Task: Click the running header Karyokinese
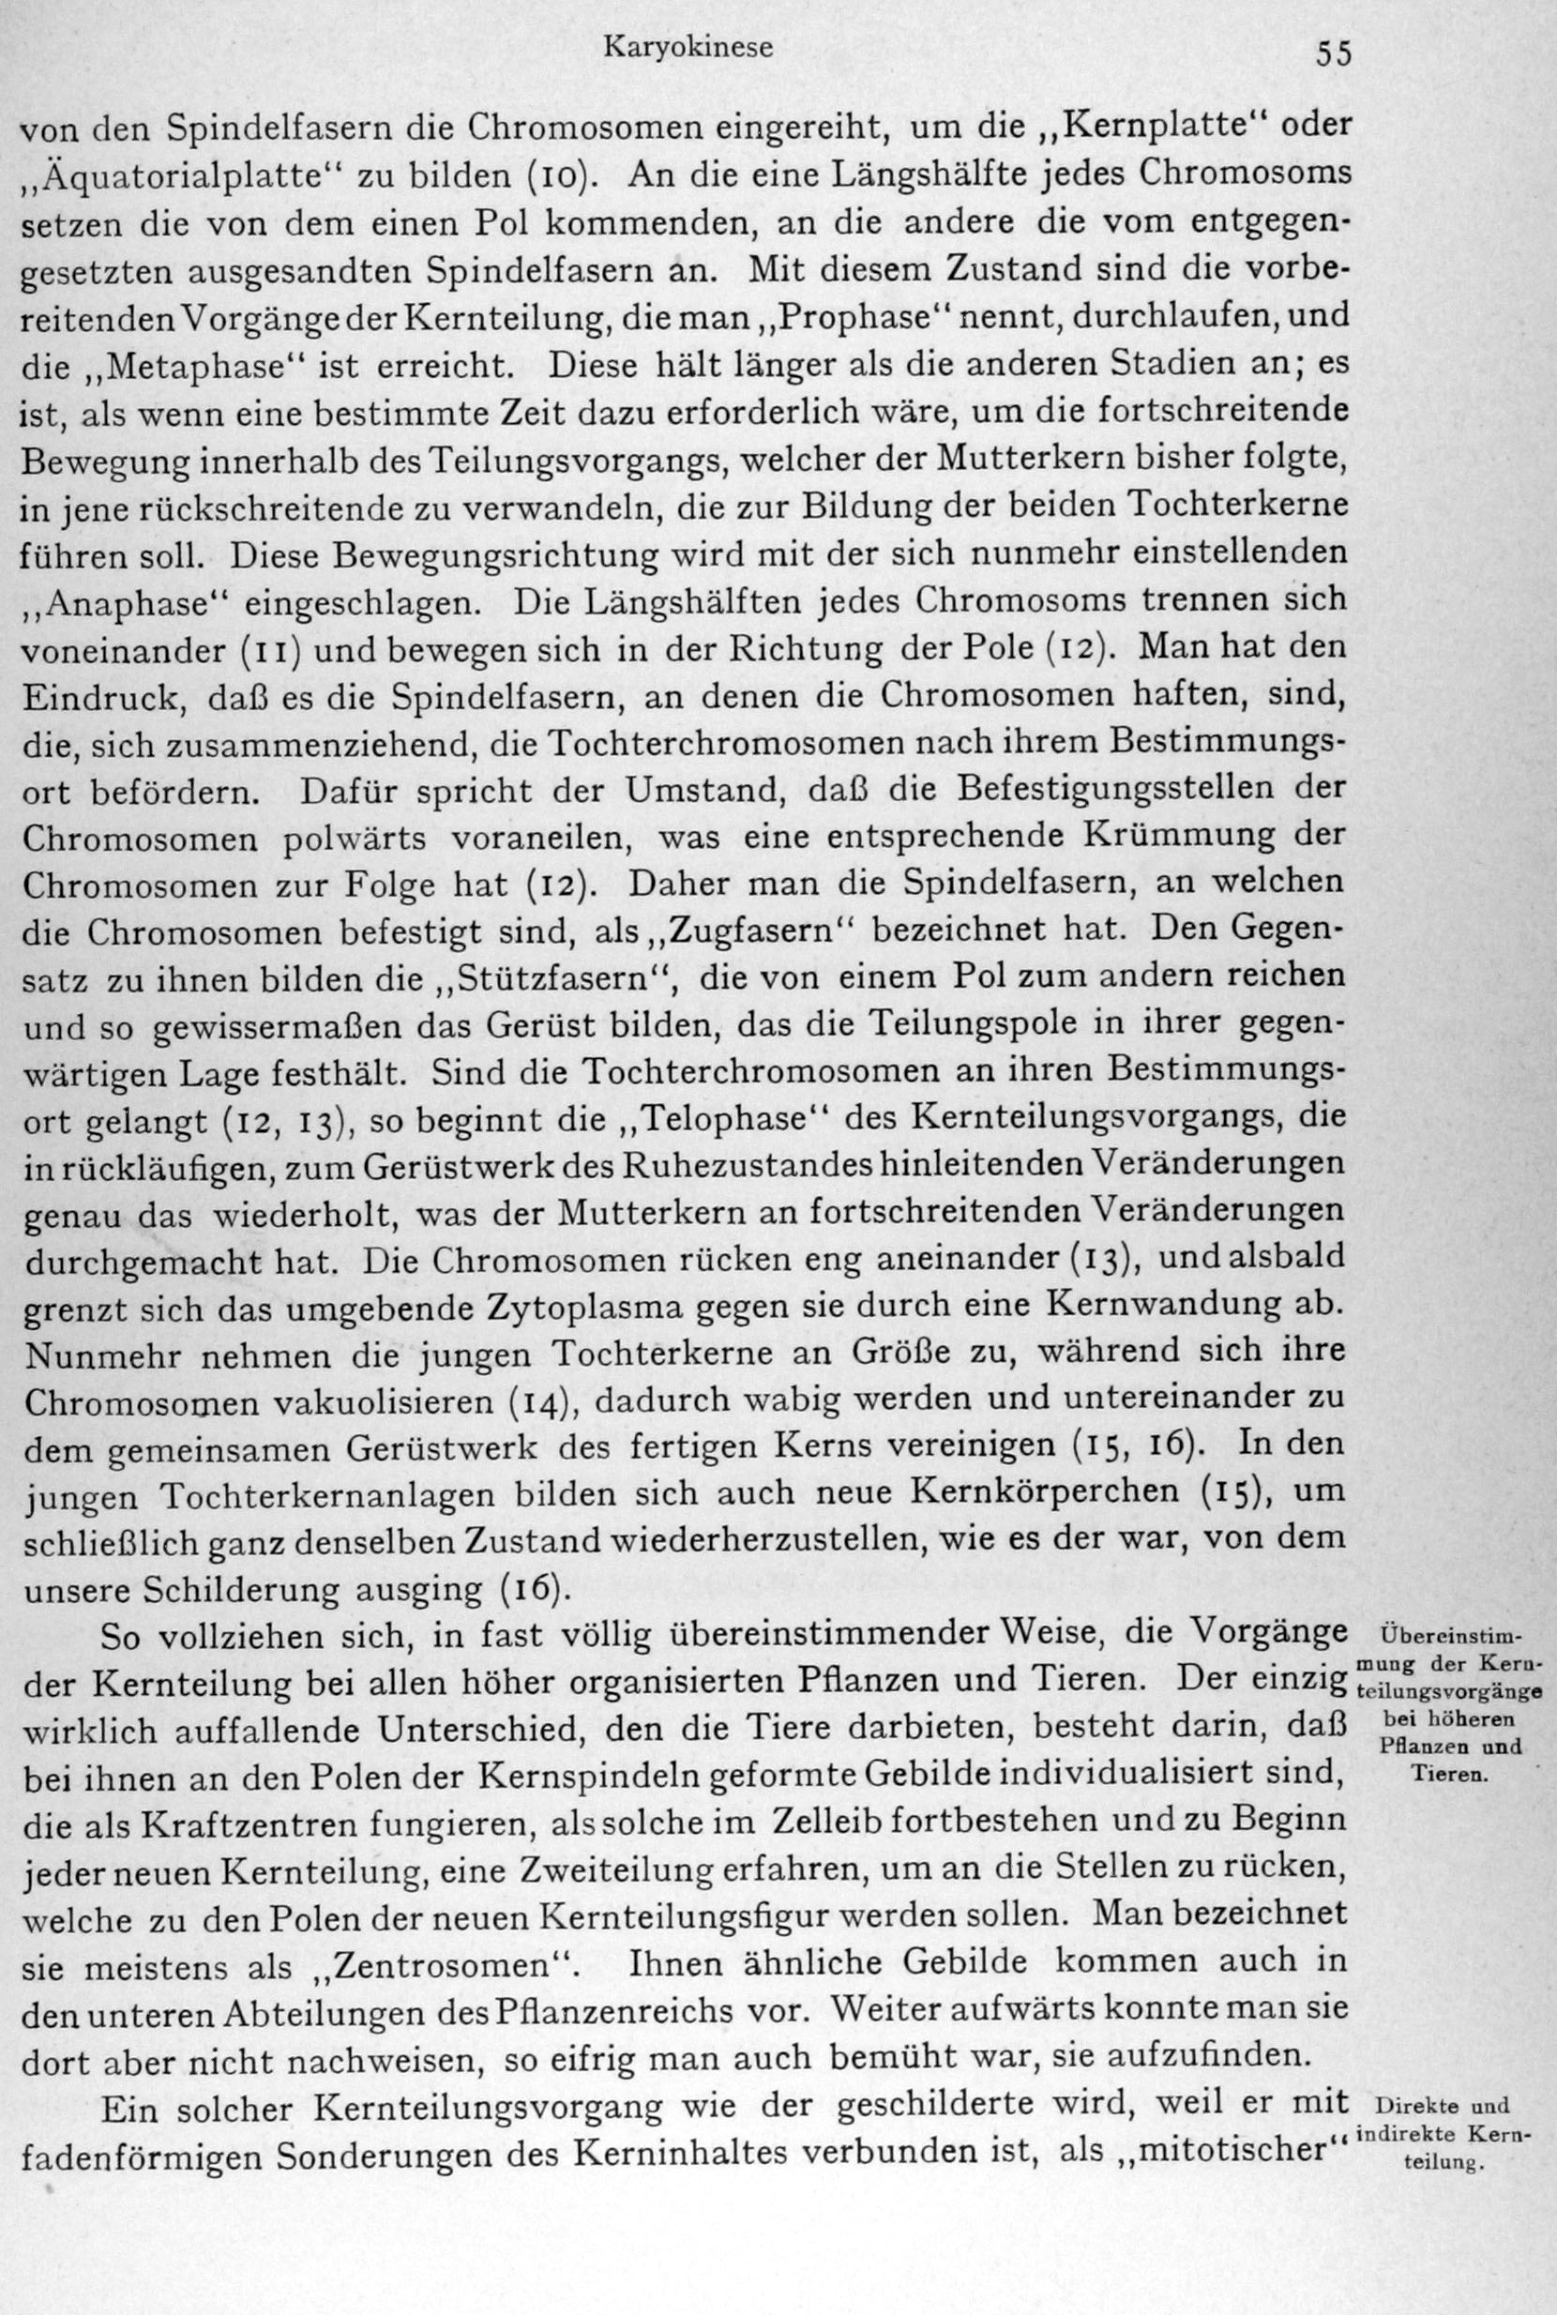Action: point(688,48)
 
